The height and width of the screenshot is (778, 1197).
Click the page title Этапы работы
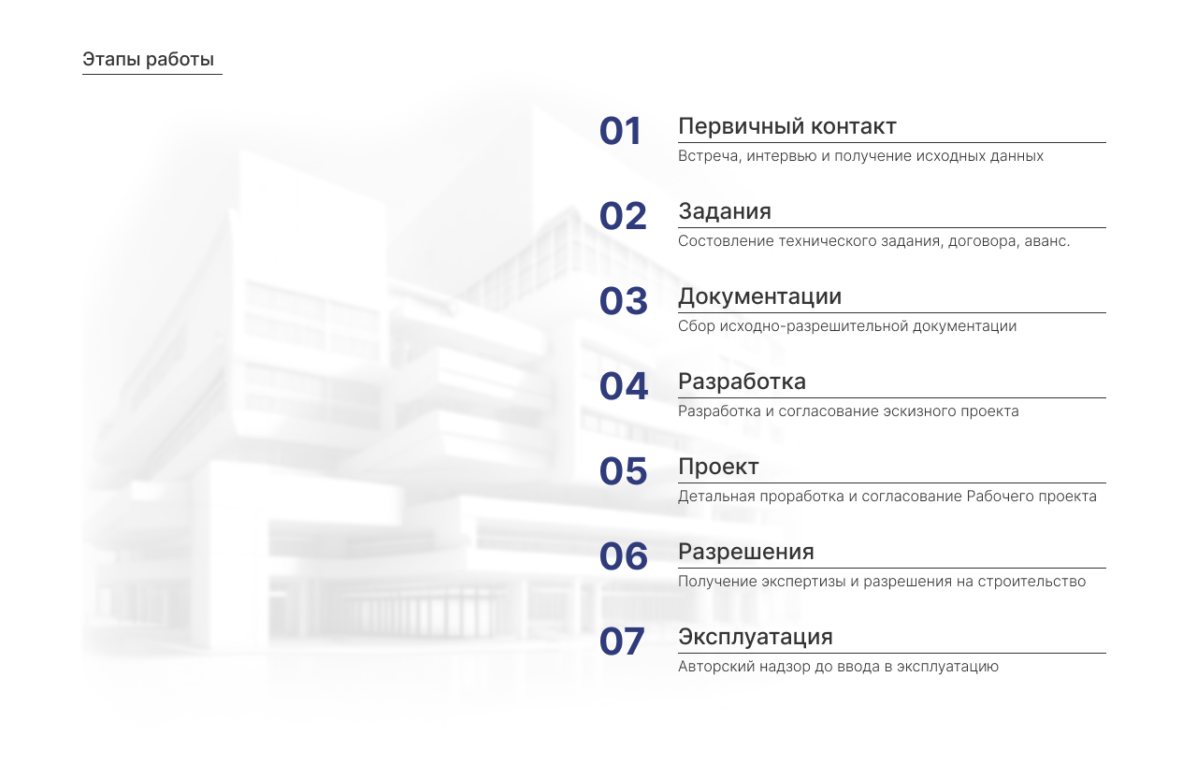click(148, 60)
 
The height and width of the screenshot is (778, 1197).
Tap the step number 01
click(621, 132)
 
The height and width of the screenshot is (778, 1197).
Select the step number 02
click(623, 217)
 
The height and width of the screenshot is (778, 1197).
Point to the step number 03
click(623, 302)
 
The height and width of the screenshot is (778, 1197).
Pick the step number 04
click(623, 387)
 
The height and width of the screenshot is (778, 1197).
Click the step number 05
click(623, 472)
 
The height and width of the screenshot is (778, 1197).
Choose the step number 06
click(623, 557)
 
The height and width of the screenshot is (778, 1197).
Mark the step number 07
click(623, 642)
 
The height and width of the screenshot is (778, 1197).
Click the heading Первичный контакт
click(786, 126)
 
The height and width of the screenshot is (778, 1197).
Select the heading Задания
click(725, 211)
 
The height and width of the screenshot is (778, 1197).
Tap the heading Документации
click(759, 296)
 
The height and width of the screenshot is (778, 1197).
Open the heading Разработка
click(742, 382)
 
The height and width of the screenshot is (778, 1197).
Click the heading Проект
click(718, 467)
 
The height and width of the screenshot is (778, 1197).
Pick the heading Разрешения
click(745, 552)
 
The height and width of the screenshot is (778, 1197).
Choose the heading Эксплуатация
click(755, 637)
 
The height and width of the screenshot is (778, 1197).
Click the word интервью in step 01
click(784, 156)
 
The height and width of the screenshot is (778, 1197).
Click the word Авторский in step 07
click(712, 667)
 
